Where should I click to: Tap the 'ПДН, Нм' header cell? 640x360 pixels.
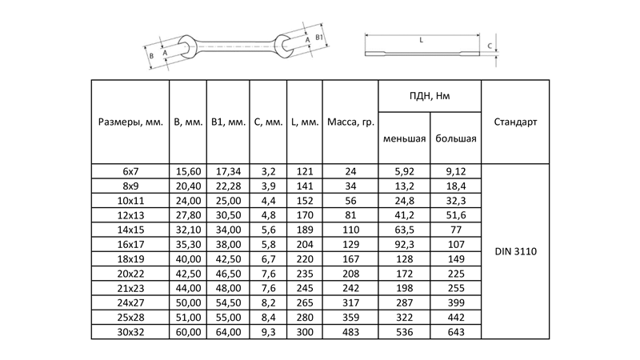[x=430, y=96]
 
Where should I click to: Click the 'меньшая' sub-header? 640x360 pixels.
[x=404, y=138]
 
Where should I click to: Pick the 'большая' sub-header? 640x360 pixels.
[x=456, y=138]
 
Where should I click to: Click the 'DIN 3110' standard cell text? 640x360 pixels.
[x=515, y=251]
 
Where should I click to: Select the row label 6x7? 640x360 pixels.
[x=130, y=170]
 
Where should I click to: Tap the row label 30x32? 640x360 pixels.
[x=130, y=331]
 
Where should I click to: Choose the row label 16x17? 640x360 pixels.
[x=130, y=243]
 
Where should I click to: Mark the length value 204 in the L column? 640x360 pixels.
[x=304, y=243]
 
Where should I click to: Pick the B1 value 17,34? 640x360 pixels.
[x=227, y=170]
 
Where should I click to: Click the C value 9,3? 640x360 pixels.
[x=267, y=331]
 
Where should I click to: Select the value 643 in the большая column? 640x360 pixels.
[x=456, y=331]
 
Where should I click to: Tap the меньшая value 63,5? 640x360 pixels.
[x=404, y=229]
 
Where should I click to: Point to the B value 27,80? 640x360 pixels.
[x=188, y=214]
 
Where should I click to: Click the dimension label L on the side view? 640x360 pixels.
[x=421, y=38]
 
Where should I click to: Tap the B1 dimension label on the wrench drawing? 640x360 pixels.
[x=318, y=38]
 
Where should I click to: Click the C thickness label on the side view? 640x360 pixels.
[x=489, y=47]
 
